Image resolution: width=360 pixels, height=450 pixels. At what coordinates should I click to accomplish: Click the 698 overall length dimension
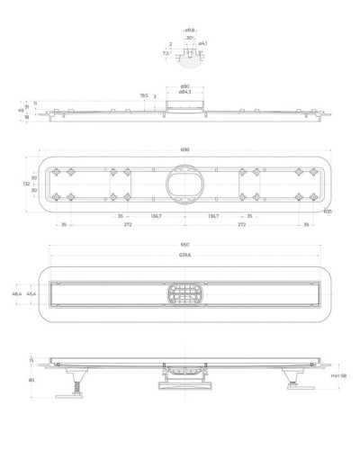[x=184, y=150]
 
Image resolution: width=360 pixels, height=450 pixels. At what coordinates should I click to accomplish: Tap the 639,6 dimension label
[x=184, y=255]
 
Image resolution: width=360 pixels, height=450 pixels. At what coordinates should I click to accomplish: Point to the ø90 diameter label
[x=184, y=86]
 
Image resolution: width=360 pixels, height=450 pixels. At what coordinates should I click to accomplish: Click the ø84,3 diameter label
[x=184, y=93]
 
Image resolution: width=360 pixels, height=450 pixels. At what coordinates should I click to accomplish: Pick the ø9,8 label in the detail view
[x=190, y=30]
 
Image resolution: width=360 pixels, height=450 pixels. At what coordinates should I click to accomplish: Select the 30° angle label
[x=190, y=37]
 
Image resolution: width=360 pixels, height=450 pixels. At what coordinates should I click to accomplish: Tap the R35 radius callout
[x=328, y=211]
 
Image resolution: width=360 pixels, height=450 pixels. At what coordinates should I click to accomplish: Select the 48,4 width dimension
[x=17, y=293]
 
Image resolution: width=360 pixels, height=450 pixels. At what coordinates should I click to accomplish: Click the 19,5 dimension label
[x=144, y=95]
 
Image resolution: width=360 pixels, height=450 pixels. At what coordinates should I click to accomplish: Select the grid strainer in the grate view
[x=184, y=293]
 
